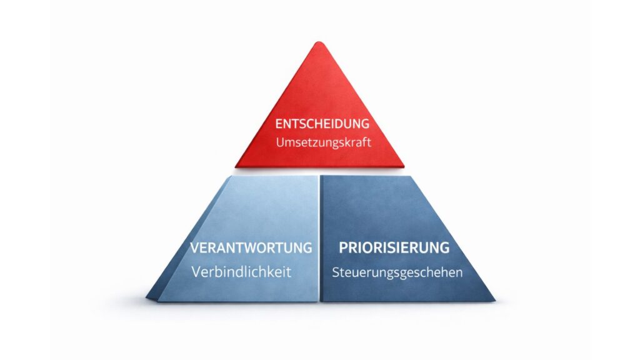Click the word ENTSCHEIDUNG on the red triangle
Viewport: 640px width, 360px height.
[x=322, y=124]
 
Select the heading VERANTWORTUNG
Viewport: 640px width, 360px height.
[x=251, y=247]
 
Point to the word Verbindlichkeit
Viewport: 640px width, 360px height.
[x=241, y=272]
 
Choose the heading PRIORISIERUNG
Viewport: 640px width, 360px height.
[x=394, y=247]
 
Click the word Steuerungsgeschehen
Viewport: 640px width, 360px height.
[x=397, y=272]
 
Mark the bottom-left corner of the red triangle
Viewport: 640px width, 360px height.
[x=237, y=166]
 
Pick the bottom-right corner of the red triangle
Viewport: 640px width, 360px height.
[x=403, y=166]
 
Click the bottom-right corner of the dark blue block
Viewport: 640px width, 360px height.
[x=494, y=301]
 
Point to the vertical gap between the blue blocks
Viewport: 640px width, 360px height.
[x=319, y=237]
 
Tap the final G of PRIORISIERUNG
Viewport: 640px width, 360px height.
[x=444, y=247]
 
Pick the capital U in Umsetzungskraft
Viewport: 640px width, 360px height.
[x=279, y=142]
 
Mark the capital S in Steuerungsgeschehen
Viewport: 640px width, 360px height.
[x=336, y=272]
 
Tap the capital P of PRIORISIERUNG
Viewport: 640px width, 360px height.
[x=343, y=247]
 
